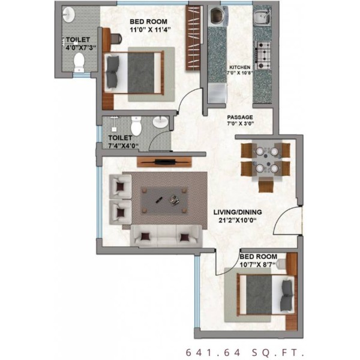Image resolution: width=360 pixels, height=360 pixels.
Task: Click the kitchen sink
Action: (262, 17)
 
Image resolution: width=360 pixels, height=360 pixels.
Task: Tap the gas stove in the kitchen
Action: (263, 55)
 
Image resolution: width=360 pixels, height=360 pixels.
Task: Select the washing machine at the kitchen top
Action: (218, 16)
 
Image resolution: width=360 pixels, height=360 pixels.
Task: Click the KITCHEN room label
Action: (240, 67)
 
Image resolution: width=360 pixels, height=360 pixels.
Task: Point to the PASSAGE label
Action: (240, 117)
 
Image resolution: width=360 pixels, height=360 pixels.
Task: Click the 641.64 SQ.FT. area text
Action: (245, 352)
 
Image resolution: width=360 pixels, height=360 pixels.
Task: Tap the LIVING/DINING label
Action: (238, 212)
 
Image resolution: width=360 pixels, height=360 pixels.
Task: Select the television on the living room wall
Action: (164, 161)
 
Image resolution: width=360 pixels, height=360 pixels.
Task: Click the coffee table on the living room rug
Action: (164, 200)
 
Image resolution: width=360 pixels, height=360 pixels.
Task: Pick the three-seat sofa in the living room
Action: (166, 236)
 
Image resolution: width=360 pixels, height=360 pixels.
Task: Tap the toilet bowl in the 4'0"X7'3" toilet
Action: (79, 62)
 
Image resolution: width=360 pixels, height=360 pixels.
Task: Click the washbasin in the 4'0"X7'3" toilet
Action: (69, 15)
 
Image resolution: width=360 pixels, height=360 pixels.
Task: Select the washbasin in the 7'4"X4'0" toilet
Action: (161, 122)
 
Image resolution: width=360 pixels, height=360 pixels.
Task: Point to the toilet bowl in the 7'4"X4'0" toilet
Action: (136, 126)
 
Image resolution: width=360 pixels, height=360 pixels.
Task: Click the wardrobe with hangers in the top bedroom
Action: (193, 38)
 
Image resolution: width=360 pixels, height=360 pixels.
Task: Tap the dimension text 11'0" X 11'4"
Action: (151, 29)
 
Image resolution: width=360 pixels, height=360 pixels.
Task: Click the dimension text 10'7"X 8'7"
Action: (257, 265)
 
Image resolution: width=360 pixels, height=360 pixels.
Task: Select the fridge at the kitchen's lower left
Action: (217, 93)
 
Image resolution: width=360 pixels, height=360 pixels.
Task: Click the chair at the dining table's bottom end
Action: (266, 185)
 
